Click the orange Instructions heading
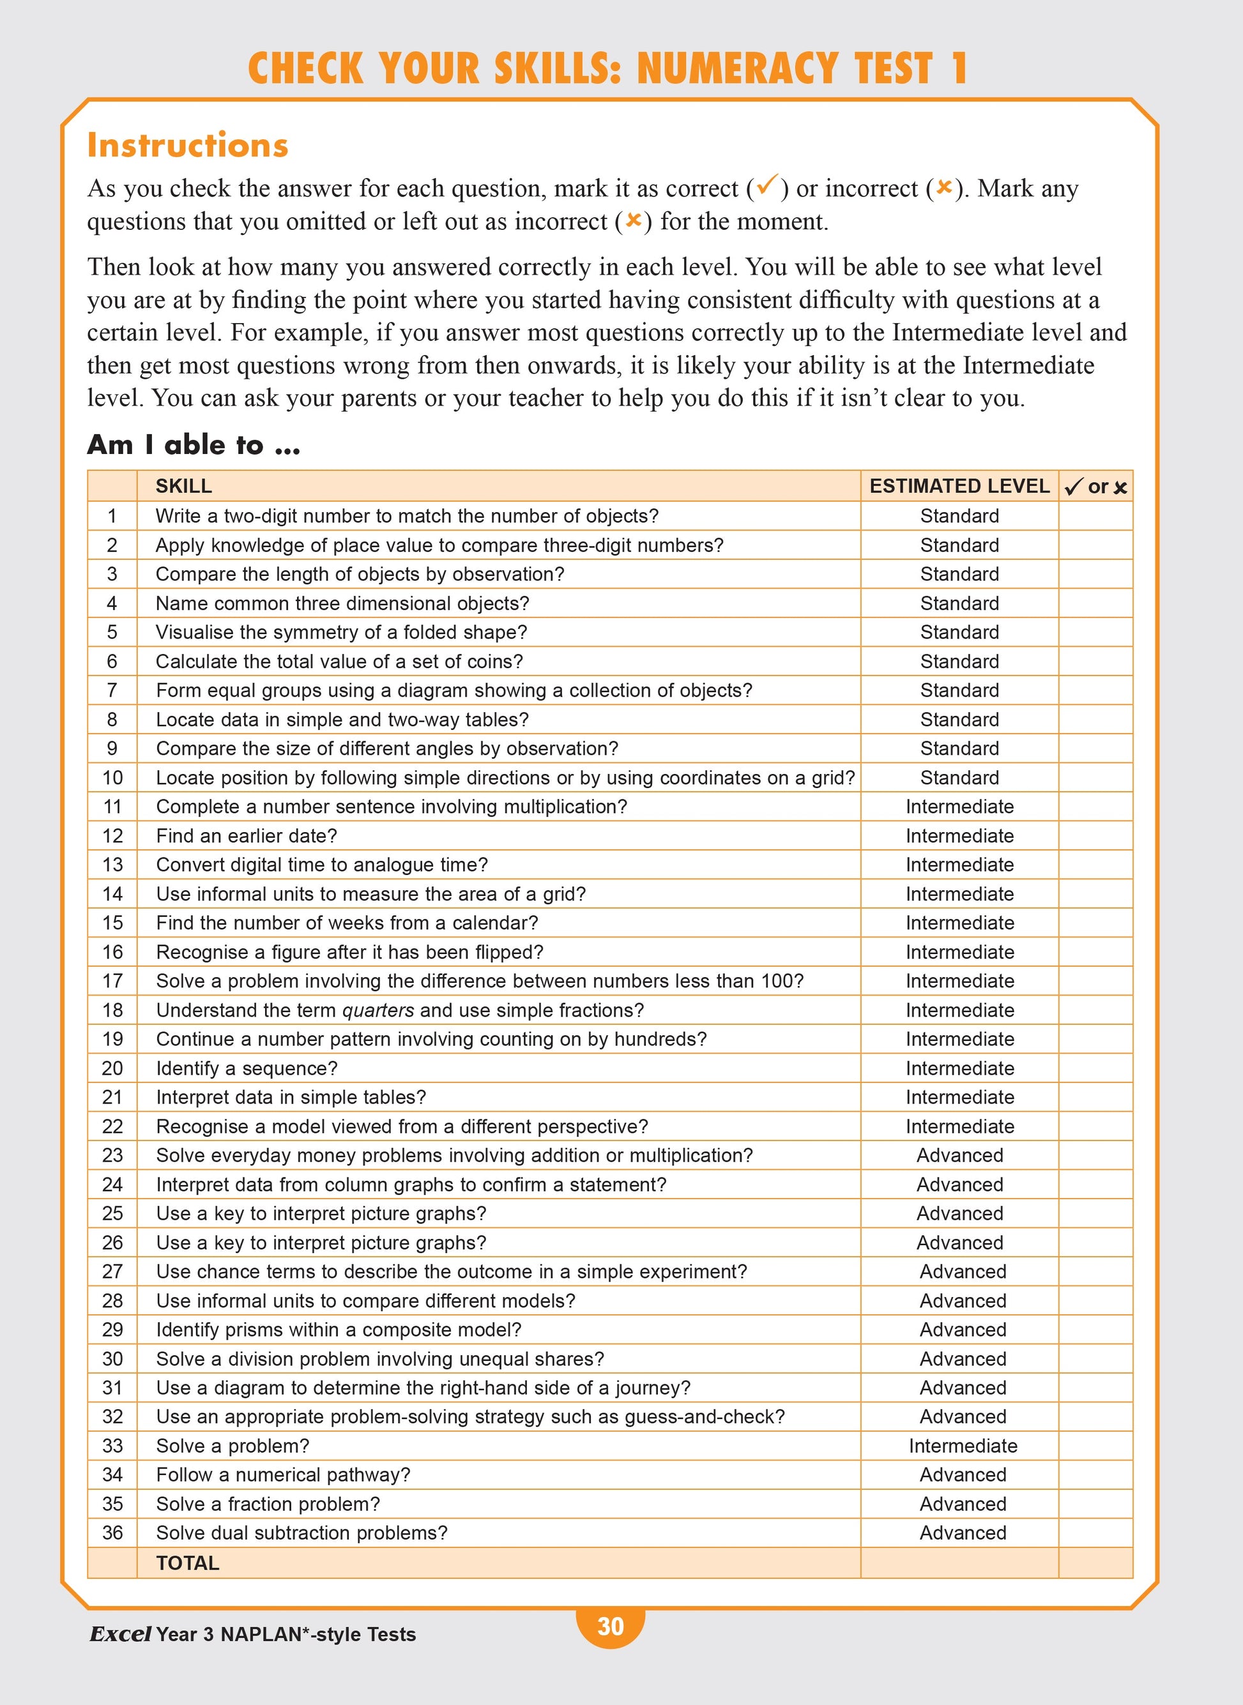pos(187,144)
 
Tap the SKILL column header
pos(183,486)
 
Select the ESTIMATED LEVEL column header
pos(959,486)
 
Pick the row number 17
pos(112,981)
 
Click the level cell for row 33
pos(963,1446)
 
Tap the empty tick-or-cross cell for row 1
pos(1095,516)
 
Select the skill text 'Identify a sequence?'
pos(247,1068)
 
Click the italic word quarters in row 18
pos(377,1010)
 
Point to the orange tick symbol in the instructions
pos(766,185)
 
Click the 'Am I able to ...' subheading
pos(194,444)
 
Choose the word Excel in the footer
pos(120,1633)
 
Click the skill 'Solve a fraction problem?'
pos(268,1503)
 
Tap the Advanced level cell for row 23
pos(959,1155)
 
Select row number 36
pos(112,1533)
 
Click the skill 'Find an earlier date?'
pos(247,836)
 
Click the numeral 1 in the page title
pos(958,68)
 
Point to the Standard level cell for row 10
pos(959,778)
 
